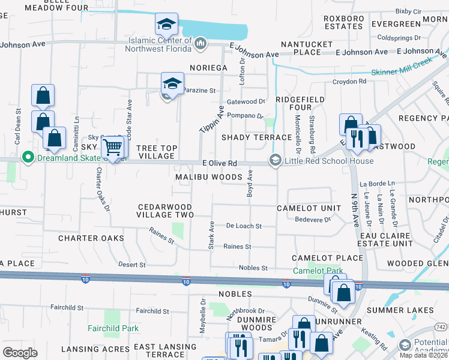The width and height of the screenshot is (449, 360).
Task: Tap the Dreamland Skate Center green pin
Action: [27, 158]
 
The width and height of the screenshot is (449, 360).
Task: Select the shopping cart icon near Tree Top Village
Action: [112, 146]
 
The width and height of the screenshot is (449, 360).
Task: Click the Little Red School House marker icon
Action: [276, 160]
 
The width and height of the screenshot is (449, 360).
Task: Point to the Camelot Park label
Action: [318, 271]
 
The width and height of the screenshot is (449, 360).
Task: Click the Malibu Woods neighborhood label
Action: [208, 178]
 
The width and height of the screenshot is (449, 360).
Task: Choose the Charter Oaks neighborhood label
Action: [91, 238]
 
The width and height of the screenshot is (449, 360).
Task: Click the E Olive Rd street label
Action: [220, 163]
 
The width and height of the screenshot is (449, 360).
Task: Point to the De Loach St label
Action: [244, 226]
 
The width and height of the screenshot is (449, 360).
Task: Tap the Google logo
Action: [20, 352]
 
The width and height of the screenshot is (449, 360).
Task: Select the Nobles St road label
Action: [253, 268]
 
